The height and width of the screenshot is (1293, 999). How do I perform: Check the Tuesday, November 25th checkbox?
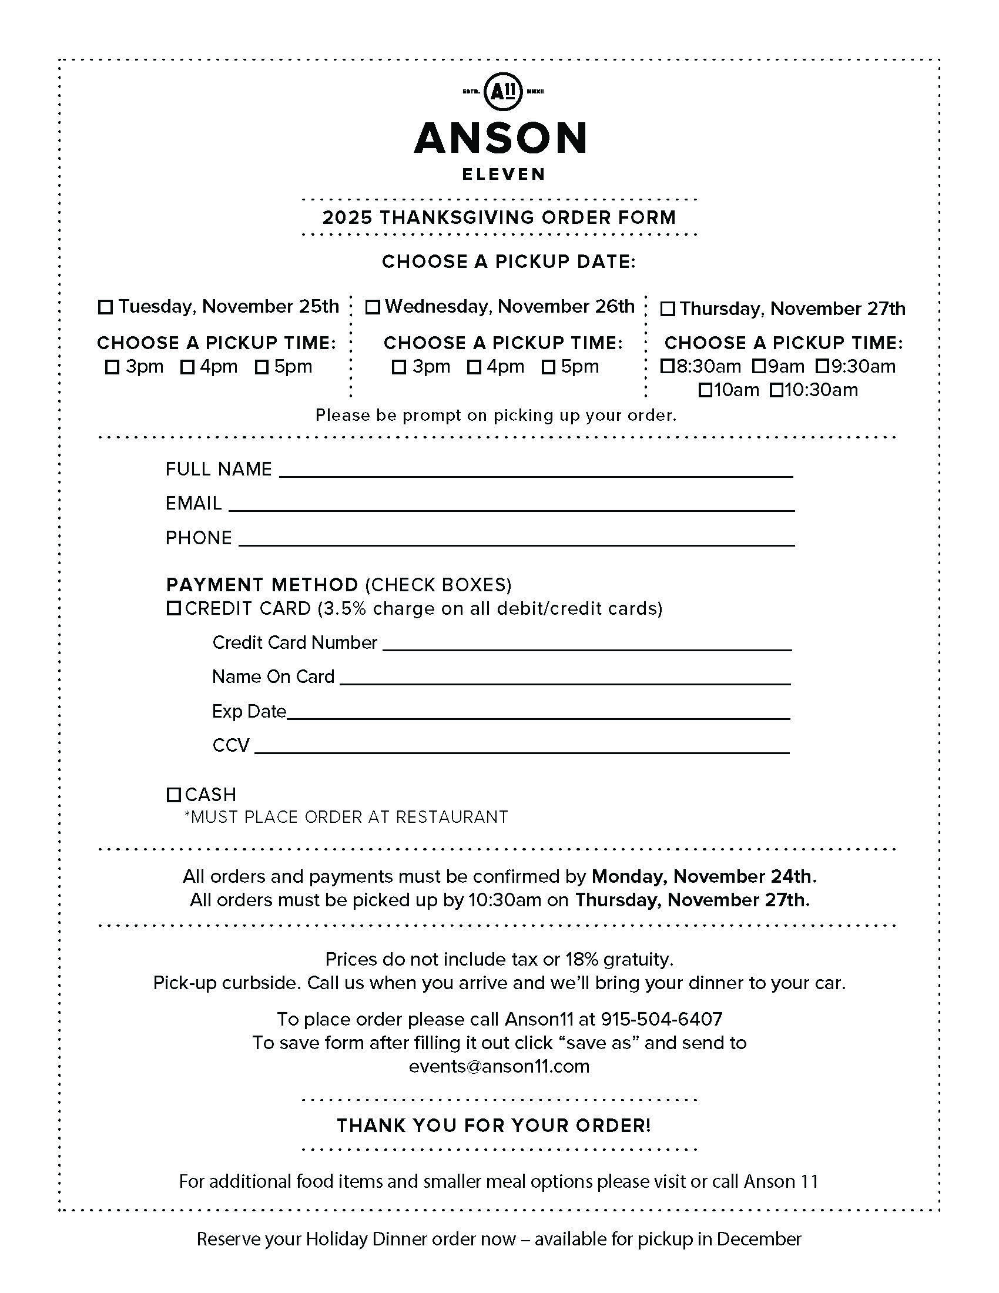105,307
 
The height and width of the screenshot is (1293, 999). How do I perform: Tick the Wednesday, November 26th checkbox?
372,307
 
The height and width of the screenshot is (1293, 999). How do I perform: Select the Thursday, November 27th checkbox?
668,309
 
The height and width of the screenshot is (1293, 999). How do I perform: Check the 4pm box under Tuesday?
187,367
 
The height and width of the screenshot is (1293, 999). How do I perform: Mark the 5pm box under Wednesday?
549,367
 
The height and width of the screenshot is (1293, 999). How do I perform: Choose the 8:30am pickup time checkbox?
667,367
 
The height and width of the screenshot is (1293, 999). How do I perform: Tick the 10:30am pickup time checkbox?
776,390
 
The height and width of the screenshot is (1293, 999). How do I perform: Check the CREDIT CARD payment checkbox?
173,608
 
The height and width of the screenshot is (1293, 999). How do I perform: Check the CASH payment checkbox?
173,795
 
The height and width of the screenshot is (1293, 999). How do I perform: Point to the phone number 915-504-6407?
661,1019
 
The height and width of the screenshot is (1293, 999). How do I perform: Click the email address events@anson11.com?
499,1066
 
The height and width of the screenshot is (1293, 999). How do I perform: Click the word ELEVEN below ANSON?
503,174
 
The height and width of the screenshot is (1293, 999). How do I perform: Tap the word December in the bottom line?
759,1238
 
